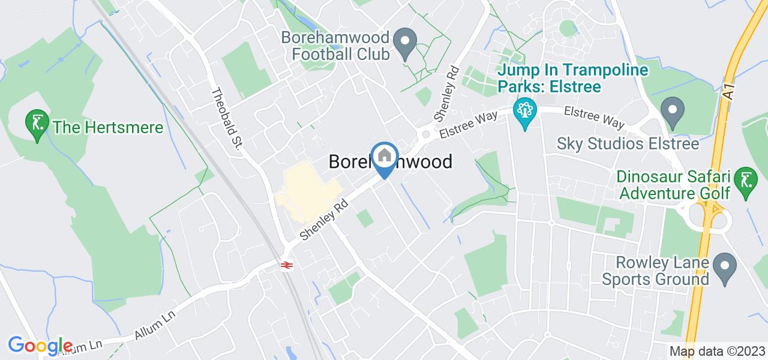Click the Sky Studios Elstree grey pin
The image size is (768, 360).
click(x=673, y=112)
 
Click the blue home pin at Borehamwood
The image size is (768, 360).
click(x=385, y=158)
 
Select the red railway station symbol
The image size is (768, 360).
click(x=286, y=265)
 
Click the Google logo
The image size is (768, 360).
click(x=40, y=346)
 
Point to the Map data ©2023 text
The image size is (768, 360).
click(x=718, y=351)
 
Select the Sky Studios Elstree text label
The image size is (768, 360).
click(x=628, y=144)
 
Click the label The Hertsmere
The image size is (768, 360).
click(x=108, y=127)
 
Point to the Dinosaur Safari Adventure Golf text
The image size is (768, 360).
click(x=674, y=185)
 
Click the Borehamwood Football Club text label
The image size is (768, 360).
click(x=336, y=46)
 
